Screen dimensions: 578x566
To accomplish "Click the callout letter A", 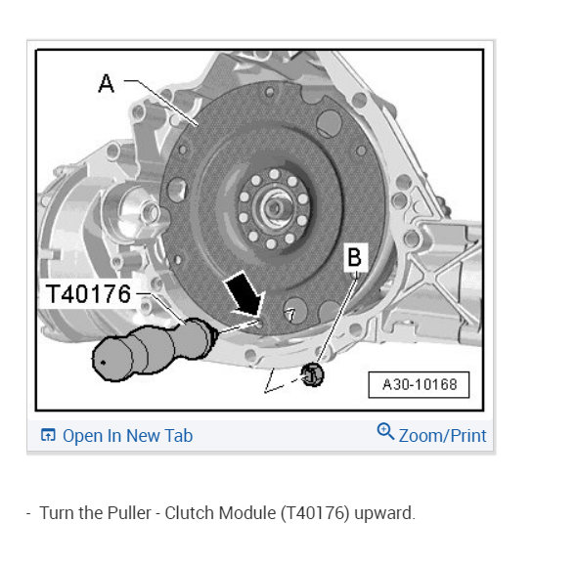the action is (x=107, y=83).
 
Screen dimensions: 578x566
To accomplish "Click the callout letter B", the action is (x=355, y=257).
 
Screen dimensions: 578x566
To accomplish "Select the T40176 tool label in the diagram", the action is (x=88, y=293).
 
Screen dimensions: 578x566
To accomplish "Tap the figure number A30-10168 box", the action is (x=419, y=385).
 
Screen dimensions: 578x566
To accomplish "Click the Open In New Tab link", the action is (x=116, y=436).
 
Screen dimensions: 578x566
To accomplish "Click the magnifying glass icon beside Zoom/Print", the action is (x=385, y=431).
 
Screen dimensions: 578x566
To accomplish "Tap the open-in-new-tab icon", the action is (x=48, y=435).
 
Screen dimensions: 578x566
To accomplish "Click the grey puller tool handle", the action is (x=153, y=348).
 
